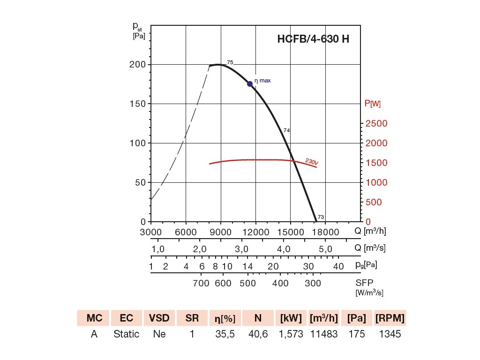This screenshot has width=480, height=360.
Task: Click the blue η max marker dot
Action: pyautogui.click(x=250, y=83)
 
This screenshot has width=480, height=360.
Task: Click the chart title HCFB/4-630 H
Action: pyautogui.click(x=313, y=39)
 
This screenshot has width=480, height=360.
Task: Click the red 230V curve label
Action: pyautogui.click(x=312, y=162)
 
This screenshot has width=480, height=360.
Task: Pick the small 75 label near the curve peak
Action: pyautogui.click(x=230, y=62)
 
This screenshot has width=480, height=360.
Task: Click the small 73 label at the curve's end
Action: pyautogui.click(x=321, y=217)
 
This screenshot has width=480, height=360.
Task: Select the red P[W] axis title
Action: pyautogui.click(x=373, y=104)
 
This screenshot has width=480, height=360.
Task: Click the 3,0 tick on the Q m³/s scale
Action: pyautogui.click(x=242, y=248)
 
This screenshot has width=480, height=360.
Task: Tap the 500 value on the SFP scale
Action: pyautogui.click(x=248, y=283)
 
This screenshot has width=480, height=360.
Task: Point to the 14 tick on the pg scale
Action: pyautogui.click(x=248, y=266)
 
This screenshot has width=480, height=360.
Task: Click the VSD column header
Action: pyautogui.click(x=159, y=318)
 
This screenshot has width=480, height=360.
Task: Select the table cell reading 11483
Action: pyautogui.click(x=323, y=334)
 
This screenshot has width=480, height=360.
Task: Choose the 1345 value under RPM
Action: pyautogui.click(x=390, y=334)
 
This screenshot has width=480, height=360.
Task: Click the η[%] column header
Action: pyautogui.click(x=225, y=318)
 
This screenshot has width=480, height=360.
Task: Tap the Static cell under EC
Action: pyautogui.click(x=127, y=334)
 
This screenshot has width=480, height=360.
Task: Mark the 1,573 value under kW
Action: pyautogui.click(x=291, y=334)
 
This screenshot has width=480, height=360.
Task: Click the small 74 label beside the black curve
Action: pyautogui.click(x=287, y=130)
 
